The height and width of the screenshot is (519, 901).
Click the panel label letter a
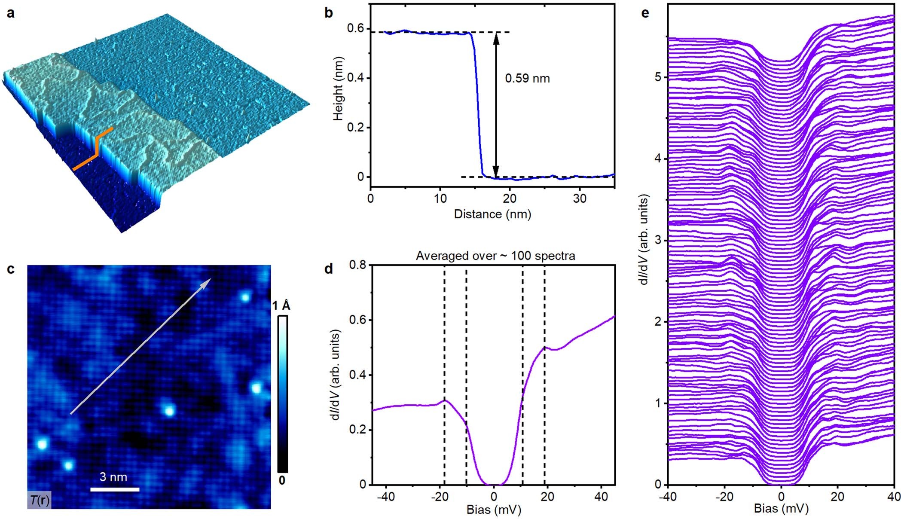pyautogui.click(x=10, y=13)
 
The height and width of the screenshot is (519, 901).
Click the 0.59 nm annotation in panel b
pyautogui.click(x=527, y=79)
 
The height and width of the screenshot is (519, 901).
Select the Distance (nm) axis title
pyautogui.click(x=492, y=214)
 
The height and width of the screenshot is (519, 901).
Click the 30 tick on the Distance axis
pyautogui.click(x=580, y=198)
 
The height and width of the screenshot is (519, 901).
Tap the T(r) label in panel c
pyautogui.click(x=39, y=500)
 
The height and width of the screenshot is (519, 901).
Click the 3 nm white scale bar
pyautogui.click(x=114, y=489)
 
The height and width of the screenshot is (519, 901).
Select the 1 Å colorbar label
pyautogui.click(x=281, y=306)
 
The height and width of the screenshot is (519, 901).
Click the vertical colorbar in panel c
pyautogui.click(x=282, y=394)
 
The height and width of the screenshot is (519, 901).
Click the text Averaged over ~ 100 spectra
pyautogui.click(x=495, y=256)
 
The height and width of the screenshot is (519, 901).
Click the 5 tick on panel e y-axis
pyautogui.click(x=657, y=77)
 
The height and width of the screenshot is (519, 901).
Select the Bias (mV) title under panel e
pyautogui.click(x=781, y=509)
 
